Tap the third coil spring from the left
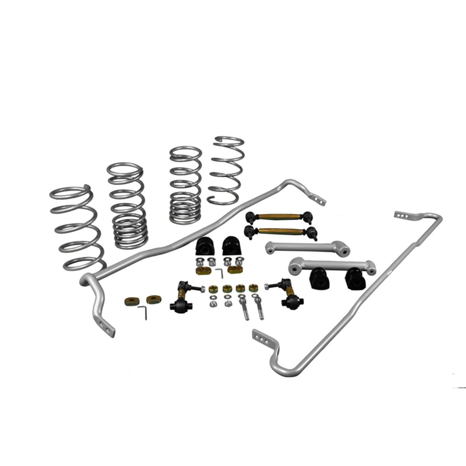[186, 184]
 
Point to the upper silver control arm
[307, 248]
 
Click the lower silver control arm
[332, 264]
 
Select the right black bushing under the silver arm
[355, 279]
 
